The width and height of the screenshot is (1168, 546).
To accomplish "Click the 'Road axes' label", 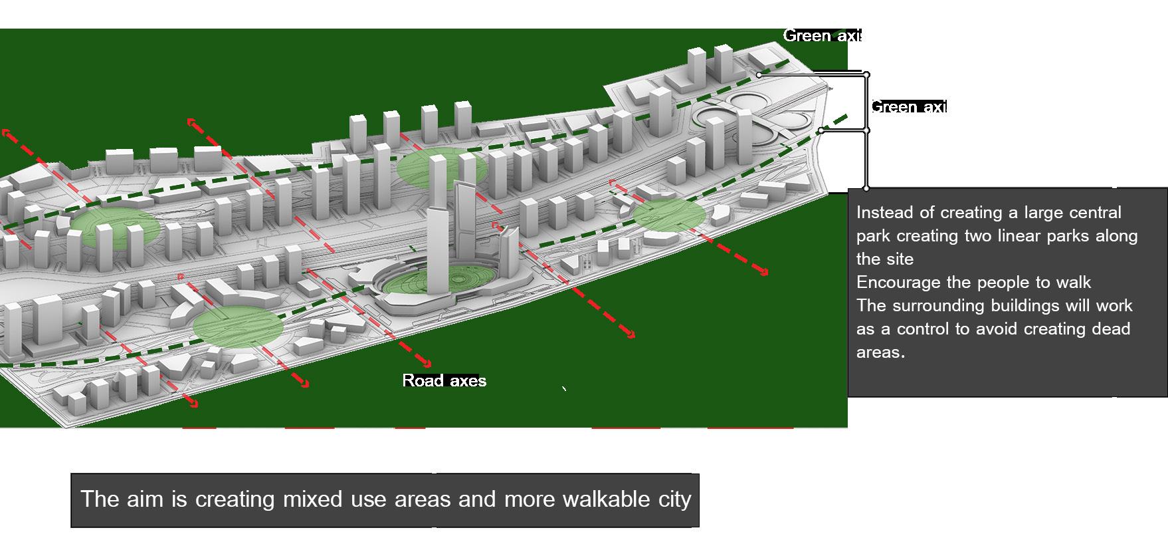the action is (x=444, y=380).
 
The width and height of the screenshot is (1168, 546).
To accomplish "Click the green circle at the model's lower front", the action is (x=238, y=327).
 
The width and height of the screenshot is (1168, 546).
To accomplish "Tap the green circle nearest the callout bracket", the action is (x=668, y=215).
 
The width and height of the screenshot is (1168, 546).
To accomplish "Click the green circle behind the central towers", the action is (x=442, y=168).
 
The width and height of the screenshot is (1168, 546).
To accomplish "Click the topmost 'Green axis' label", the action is (x=822, y=36).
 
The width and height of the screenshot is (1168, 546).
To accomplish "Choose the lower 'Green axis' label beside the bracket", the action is (x=908, y=107).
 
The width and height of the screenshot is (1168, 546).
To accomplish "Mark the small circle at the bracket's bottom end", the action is (x=866, y=188).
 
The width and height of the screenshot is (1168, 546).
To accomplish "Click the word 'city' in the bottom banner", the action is (x=676, y=499).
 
